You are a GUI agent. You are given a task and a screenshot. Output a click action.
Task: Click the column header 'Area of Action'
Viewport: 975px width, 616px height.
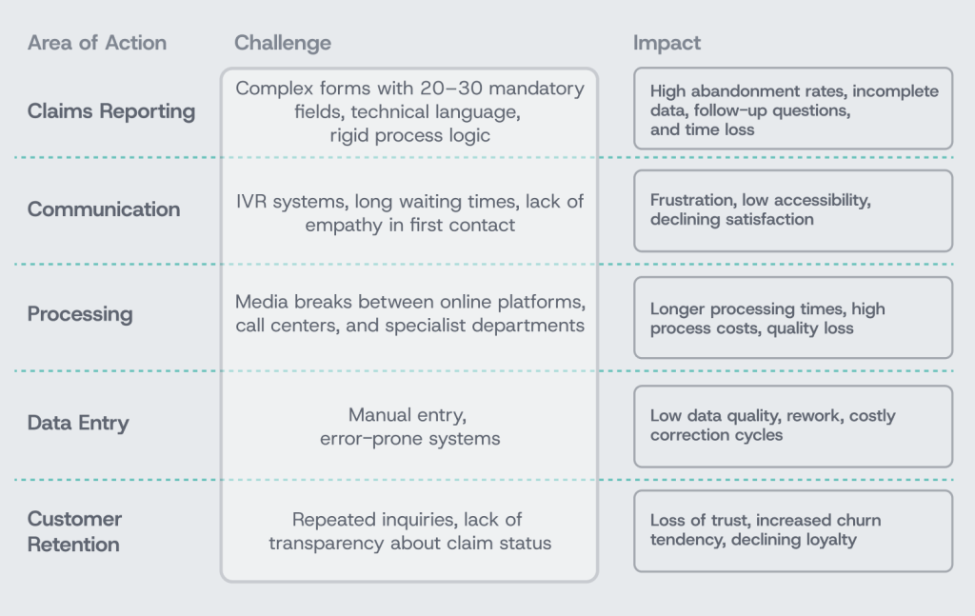pyautogui.click(x=97, y=43)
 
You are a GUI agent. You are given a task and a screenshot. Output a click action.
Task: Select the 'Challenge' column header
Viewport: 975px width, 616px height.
pyautogui.click(x=282, y=43)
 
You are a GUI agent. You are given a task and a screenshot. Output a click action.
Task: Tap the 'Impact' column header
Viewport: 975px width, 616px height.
pyautogui.click(x=667, y=43)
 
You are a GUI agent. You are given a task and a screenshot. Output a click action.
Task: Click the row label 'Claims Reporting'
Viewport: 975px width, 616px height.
pyautogui.click(x=111, y=111)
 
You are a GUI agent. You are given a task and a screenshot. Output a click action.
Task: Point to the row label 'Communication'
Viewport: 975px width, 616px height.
pyautogui.click(x=104, y=209)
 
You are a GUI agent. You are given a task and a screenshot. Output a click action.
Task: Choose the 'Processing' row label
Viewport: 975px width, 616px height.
pyautogui.click(x=80, y=314)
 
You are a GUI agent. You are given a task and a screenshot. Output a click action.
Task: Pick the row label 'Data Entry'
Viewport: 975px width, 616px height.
pyautogui.click(x=78, y=423)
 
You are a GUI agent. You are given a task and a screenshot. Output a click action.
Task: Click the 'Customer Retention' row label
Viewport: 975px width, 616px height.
pyautogui.click(x=74, y=531)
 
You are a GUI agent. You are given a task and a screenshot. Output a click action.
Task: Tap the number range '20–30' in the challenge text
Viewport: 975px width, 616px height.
pyautogui.click(x=450, y=89)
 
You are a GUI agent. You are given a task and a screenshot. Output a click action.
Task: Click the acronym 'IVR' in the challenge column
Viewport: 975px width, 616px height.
pyautogui.click(x=251, y=202)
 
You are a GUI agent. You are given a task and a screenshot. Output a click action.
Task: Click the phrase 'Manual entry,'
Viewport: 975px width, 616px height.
pyautogui.click(x=408, y=414)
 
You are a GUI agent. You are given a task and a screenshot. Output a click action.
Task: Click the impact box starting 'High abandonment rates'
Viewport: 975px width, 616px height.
pyautogui.click(x=793, y=109)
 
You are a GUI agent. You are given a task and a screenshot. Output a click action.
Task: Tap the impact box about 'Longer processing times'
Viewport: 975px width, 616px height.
pyautogui.click(x=793, y=318)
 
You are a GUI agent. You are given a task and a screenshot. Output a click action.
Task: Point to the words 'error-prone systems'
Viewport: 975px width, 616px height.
pyautogui.click(x=409, y=439)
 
